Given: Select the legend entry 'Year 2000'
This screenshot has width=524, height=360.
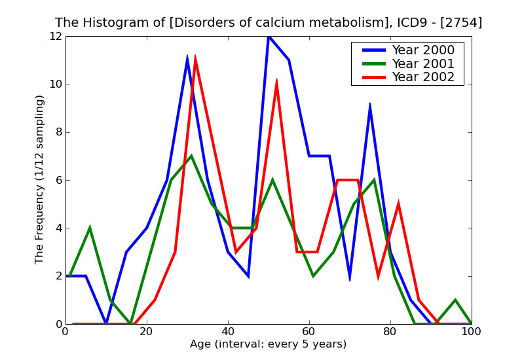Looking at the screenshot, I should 422,50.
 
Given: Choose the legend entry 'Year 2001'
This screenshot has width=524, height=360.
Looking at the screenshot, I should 422,63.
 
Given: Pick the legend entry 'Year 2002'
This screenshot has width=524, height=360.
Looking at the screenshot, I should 422,77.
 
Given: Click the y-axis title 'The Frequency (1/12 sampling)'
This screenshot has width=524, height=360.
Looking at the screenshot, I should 40,179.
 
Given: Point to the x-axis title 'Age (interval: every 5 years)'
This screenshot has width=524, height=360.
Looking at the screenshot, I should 268,344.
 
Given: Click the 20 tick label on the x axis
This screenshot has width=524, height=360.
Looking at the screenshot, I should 147,331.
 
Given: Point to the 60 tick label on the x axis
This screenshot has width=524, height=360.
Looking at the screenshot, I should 309,331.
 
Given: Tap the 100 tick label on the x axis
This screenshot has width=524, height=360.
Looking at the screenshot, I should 471,331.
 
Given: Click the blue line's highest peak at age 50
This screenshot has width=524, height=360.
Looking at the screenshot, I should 269,37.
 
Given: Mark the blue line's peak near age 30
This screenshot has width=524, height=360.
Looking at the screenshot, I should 187,58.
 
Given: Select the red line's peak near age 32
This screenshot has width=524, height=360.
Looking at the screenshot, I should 195,58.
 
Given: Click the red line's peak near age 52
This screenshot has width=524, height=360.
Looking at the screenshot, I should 276,81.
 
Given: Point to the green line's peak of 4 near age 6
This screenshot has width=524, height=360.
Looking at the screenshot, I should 90,228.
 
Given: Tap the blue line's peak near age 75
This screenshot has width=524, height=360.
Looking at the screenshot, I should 370,104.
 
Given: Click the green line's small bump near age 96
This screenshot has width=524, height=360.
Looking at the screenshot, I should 455,300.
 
